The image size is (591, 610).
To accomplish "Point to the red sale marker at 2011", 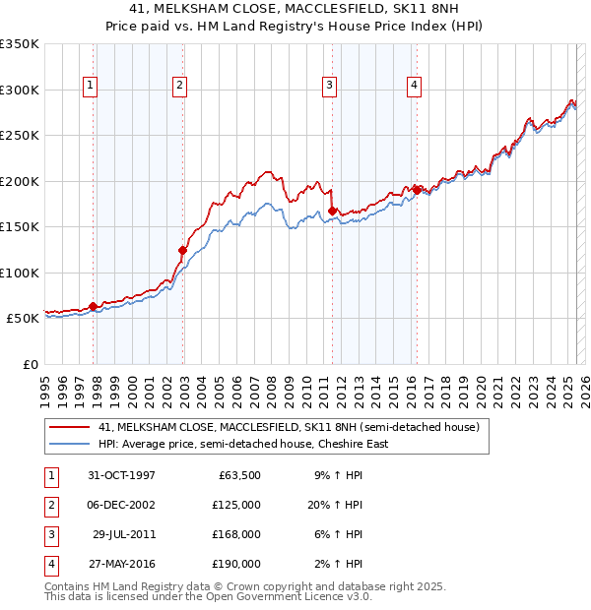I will (x=333, y=211).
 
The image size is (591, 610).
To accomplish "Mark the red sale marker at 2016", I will (x=418, y=190).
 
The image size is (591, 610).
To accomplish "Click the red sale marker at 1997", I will (x=94, y=306).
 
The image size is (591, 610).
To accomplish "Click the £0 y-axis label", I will (x=30, y=364).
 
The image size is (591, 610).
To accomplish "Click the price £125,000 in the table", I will (x=238, y=505).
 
